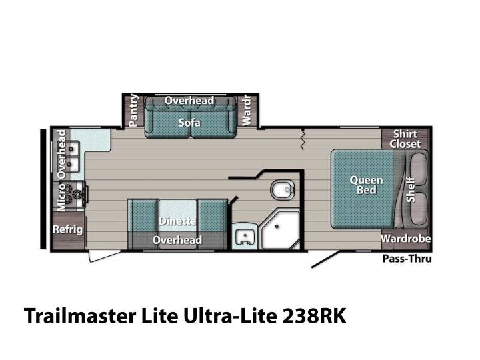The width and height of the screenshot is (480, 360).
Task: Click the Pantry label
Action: (x=133, y=111)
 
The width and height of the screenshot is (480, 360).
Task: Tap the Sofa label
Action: (x=189, y=123)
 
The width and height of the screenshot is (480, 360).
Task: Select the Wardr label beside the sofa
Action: (x=247, y=111)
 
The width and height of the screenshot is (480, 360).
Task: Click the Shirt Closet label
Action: (x=405, y=139)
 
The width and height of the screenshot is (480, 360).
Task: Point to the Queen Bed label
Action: (x=367, y=185)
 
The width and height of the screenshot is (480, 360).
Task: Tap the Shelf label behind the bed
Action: (x=411, y=189)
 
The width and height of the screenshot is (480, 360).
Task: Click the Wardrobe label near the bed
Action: (x=405, y=238)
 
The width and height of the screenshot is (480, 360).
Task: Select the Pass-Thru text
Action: (x=407, y=259)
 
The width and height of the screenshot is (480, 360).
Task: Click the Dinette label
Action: (x=177, y=221)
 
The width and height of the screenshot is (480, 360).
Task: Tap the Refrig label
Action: (x=67, y=229)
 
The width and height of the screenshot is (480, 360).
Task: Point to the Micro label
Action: (x=61, y=197)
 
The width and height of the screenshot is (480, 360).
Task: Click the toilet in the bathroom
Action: (x=283, y=189)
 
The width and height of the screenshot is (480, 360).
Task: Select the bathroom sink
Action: (x=245, y=236)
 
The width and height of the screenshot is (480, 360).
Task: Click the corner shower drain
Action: (x=277, y=227)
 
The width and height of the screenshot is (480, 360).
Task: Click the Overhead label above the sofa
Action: (x=189, y=101)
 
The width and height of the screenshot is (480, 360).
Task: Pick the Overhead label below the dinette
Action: (x=177, y=240)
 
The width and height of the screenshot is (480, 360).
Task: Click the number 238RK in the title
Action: (x=314, y=315)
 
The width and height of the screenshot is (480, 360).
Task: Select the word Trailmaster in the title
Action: (x=80, y=315)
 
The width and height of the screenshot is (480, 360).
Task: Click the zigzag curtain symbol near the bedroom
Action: (x=303, y=139)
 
